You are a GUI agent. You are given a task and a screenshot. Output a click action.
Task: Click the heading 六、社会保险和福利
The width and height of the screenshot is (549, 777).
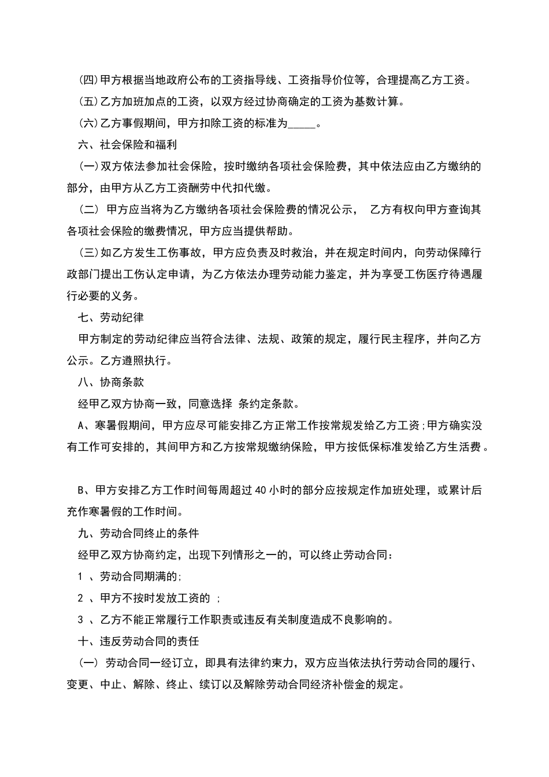(x=127, y=145)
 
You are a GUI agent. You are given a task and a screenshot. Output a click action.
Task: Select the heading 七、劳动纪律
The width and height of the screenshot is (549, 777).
(x=111, y=317)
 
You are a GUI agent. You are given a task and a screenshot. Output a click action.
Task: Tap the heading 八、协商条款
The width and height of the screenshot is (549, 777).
(x=111, y=382)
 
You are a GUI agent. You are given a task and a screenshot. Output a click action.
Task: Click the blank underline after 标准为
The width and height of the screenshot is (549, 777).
(x=301, y=124)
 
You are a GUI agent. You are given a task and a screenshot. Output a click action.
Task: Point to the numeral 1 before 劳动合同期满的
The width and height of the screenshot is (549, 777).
(x=80, y=576)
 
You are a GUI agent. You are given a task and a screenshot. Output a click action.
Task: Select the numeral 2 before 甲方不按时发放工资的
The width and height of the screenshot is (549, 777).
(x=80, y=598)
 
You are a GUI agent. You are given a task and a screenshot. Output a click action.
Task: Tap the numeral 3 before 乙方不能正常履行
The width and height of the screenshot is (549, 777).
(x=80, y=620)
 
